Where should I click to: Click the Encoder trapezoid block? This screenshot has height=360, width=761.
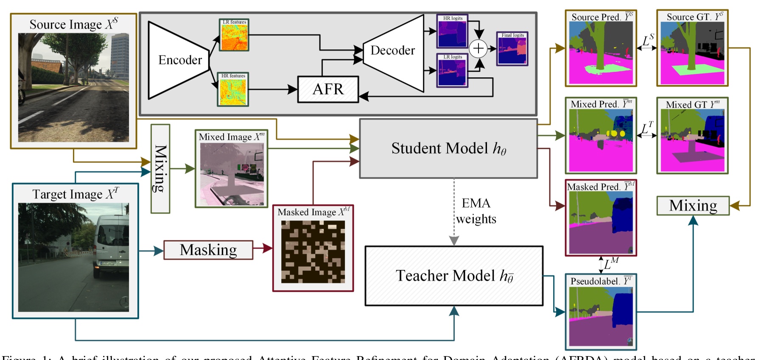(x=178, y=60)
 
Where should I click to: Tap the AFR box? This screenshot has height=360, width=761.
(x=328, y=89)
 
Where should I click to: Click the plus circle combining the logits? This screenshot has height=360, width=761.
(x=478, y=48)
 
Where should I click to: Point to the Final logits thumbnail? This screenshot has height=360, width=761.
(x=512, y=50)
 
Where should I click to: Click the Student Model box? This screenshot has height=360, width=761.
(x=448, y=148)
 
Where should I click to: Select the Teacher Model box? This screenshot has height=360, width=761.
(x=454, y=276)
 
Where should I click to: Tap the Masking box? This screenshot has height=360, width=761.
(x=208, y=250)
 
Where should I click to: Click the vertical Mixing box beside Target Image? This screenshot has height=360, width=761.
(x=160, y=168)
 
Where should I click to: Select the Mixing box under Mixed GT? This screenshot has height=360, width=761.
(x=693, y=206)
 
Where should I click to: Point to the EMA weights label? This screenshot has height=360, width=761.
(x=476, y=211)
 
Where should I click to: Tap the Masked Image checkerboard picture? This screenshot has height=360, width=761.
(x=313, y=252)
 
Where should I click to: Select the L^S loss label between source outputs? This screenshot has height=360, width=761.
(x=648, y=41)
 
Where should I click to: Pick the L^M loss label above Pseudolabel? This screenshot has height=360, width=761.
(x=611, y=264)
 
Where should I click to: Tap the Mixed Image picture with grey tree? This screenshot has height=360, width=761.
(x=232, y=174)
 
